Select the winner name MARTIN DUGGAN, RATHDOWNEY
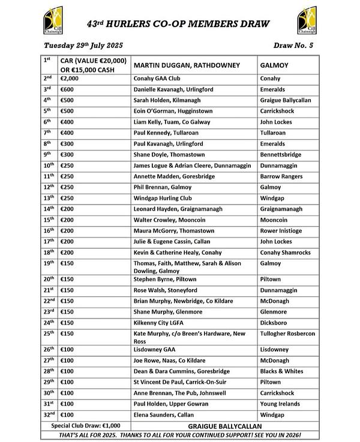pos(187,65)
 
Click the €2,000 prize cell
pos(70,79)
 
